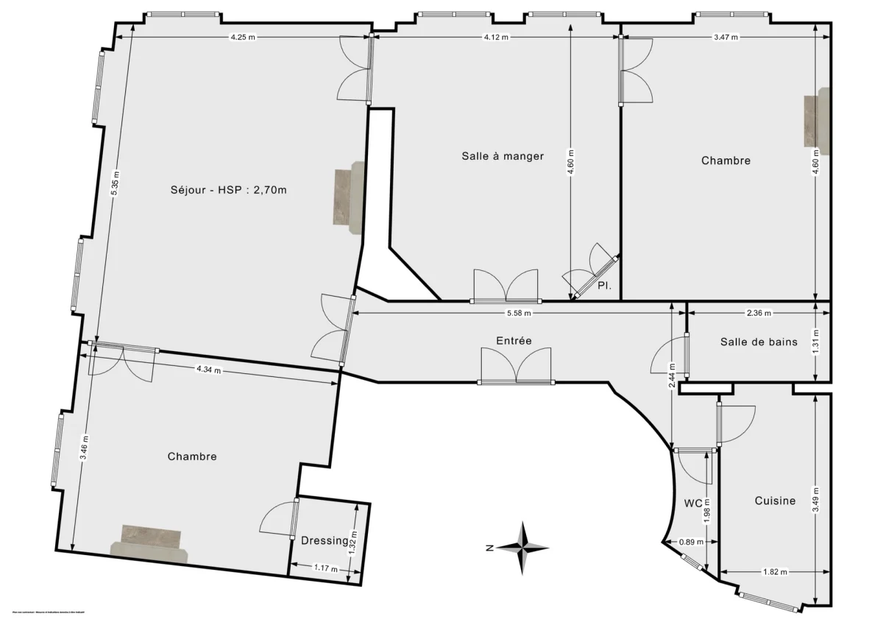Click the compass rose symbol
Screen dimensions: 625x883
click(522, 548)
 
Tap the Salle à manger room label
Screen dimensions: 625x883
click(503, 156)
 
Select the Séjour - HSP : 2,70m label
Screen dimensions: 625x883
click(227, 189)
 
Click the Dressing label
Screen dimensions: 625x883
click(325, 541)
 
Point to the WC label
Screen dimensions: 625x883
click(693, 504)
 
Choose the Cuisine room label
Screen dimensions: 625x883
click(775, 501)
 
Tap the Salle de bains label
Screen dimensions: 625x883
click(759, 342)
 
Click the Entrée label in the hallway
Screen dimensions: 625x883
click(514, 340)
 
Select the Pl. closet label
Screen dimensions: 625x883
click(605, 285)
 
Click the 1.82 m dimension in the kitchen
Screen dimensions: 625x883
click(774, 572)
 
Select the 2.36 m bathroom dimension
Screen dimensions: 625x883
click(759, 313)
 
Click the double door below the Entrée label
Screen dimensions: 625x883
click(516, 366)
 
